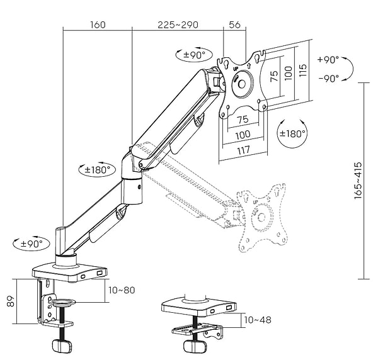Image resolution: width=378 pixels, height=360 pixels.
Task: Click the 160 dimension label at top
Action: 98,25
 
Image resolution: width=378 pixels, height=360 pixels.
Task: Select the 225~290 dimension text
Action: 178,25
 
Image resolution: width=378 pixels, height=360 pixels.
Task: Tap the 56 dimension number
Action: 234,25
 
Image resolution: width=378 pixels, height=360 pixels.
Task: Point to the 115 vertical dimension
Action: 302,70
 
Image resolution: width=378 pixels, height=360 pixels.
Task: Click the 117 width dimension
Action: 244,151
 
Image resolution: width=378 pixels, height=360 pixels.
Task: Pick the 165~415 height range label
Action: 358,181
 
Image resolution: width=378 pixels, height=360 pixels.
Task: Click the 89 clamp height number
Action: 11,301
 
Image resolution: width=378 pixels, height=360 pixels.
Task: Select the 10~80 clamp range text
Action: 122,290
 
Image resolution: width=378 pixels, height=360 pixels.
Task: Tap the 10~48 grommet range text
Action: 258,320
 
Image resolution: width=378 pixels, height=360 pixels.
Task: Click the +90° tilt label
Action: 328,59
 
